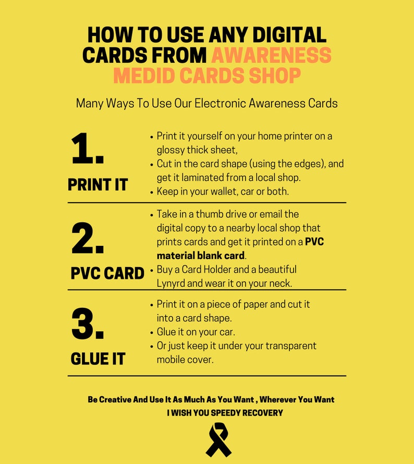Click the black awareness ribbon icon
[218, 440]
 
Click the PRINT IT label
[98, 184]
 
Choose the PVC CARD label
[107, 273]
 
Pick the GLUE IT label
[98, 359]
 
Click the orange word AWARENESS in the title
[271, 55]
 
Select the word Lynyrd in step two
[172, 283]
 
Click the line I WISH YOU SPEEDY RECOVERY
[225, 413]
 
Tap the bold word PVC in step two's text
[315, 242]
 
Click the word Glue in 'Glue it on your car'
[166, 332]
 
